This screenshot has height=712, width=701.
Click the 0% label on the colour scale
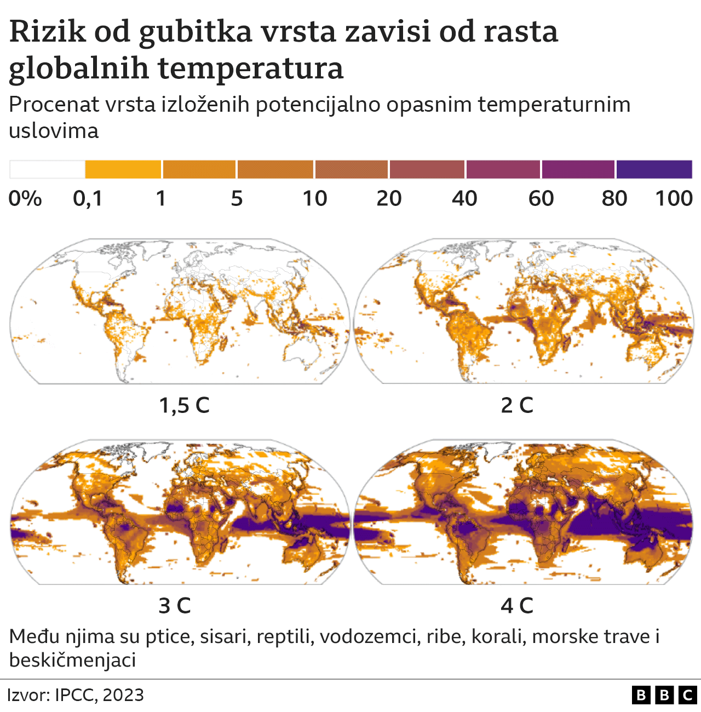pyautogui.click(x=25, y=198)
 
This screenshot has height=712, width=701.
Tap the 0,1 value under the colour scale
pyautogui.click(x=88, y=198)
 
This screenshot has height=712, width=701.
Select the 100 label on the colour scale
pyautogui.click(x=674, y=198)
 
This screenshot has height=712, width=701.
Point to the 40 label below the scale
pyautogui.click(x=464, y=198)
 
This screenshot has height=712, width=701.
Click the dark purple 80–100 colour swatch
pyautogui.click(x=654, y=170)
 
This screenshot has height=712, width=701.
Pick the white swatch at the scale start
pyautogui.click(x=47, y=170)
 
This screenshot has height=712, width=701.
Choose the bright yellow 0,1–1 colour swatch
pyautogui.click(x=123, y=170)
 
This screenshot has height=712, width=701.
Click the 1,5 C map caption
pyautogui.click(x=184, y=405)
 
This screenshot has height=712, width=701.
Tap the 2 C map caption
pyautogui.click(x=517, y=405)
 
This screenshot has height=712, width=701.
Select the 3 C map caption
pyautogui.click(x=175, y=606)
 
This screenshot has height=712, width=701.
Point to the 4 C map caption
pyautogui.click(x=517, y=606)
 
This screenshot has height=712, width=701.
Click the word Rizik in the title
pyautogui.click(x=48, y=31)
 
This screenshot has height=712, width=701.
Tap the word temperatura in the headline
pyautogui.click(x=250, y=68)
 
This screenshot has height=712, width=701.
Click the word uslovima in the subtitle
pyautogui.click(x=54, y=130)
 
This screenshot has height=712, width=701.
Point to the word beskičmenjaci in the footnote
pyautogui.click(x=72, y=660)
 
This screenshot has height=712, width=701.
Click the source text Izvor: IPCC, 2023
pyautogui.click(x=76, y=695)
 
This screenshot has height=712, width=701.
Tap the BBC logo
pyautogui.click(x=664, y=695)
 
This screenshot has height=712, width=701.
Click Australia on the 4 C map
pyautogui.click(x=649, y=553)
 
